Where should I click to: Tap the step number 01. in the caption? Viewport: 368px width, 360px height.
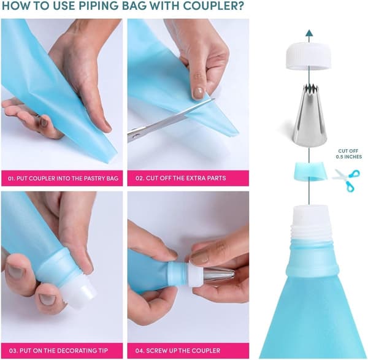point(11,178)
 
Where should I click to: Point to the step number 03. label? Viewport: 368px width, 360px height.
point(13,351)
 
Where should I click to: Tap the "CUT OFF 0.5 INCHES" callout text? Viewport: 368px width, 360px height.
point(348,154)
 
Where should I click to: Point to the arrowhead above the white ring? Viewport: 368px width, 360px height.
point(309,33)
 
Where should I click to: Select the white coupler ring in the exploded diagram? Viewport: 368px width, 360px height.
point(309,56)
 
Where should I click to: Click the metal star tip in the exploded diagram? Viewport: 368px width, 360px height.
point(310,116)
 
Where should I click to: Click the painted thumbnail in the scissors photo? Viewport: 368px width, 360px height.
point(198,93)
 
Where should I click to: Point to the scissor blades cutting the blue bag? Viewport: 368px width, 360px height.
point(171,120)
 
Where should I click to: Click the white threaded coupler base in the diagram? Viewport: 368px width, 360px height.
point(311,223)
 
